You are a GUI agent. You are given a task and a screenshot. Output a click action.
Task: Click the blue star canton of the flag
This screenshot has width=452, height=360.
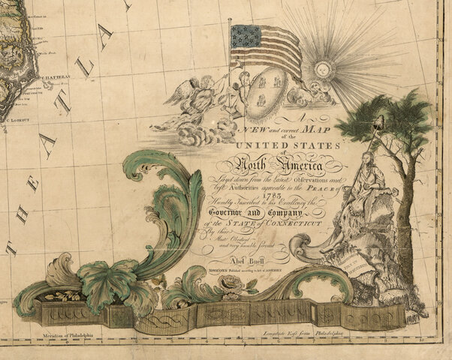(x=245, y=35)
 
